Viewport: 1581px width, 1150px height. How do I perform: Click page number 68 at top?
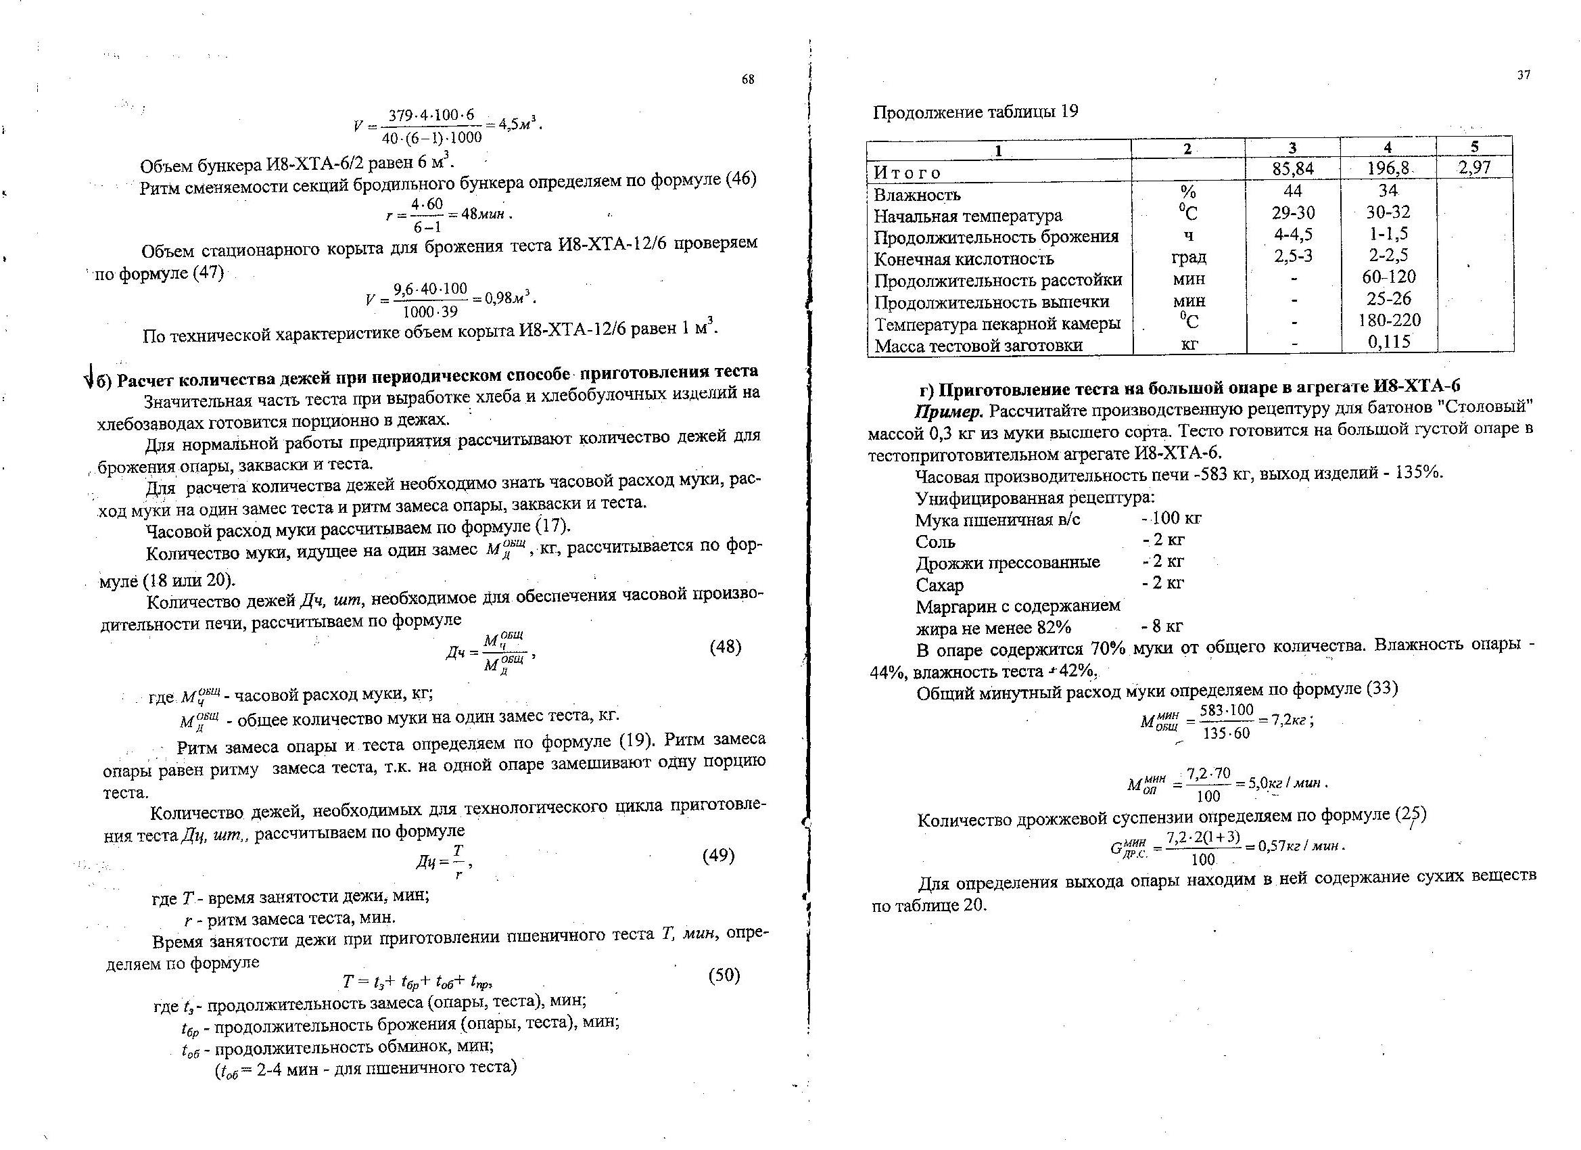click(x=747, y=80)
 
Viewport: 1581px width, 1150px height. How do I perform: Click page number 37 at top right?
click(x=1523, y=75)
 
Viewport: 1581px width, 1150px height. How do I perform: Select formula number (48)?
click(x=725, y=647)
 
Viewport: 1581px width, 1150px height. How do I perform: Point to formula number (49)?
click(x=718, y=855)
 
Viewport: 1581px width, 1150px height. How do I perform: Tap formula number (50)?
click(x=724, y=975)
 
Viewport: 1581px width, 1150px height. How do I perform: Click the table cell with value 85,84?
click(x=1292, y=168)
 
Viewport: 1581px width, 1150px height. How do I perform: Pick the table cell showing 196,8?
click(x=1388, y=168)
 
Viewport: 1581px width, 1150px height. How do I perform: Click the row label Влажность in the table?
click(x=917, y=195)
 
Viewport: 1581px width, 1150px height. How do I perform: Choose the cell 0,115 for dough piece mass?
click(x=1388, y=342)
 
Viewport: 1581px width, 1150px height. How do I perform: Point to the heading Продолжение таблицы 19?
click(x=975, y=112)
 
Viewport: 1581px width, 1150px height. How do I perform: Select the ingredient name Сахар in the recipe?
click(x=940, y=585)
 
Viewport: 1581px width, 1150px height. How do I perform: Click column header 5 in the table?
click(x=1474, y=146)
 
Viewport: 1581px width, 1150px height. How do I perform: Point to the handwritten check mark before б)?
click(x=89, y=379)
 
